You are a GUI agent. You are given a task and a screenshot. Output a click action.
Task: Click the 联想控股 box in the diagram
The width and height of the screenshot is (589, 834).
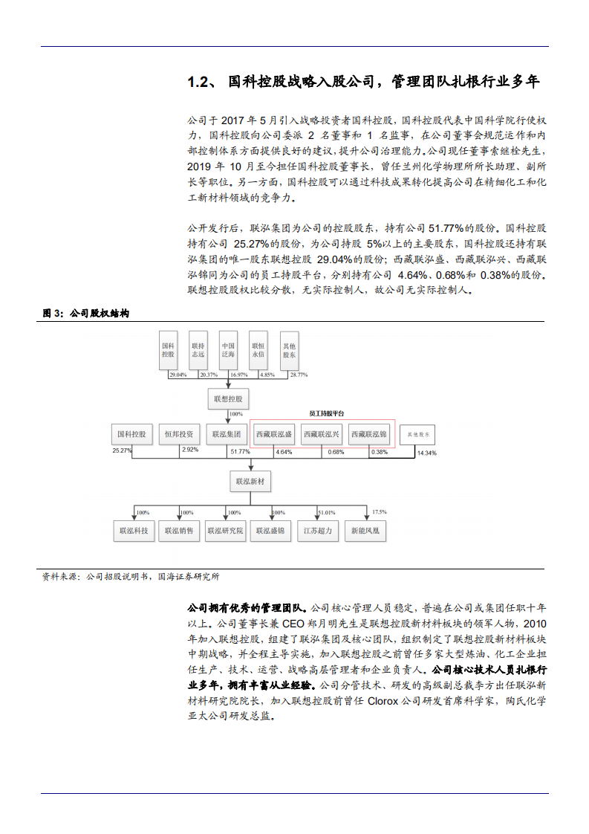coord(229,399)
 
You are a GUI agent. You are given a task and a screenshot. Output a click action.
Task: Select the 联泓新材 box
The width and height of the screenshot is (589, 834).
coord(250,482)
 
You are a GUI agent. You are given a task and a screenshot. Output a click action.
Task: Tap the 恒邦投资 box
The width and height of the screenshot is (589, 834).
coord(178,433)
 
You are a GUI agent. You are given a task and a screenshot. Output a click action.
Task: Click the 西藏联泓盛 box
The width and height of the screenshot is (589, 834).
coord(274,433)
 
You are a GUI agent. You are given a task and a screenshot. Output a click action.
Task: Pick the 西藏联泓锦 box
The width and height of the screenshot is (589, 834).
coord(368,433)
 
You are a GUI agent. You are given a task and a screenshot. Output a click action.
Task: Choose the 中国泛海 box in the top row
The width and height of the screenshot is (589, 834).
coord(228,351)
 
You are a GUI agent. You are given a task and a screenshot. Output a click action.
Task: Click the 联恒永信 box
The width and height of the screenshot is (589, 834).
coord(258,351)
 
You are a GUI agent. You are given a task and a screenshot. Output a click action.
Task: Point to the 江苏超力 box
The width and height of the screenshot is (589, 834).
coord(317,531)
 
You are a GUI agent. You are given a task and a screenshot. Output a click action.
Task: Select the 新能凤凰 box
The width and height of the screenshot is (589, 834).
coord(366,531)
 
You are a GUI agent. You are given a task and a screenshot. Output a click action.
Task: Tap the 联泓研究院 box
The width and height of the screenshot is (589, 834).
coord(225,531)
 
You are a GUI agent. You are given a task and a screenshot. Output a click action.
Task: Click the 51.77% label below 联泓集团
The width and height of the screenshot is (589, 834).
coord(240,452)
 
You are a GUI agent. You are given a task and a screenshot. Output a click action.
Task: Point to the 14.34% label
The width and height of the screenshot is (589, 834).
coord(426,453)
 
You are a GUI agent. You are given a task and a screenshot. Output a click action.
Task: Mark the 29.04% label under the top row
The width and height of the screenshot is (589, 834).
coord(178,375)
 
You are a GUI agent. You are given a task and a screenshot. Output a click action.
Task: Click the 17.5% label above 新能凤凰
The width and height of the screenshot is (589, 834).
coord(379,512)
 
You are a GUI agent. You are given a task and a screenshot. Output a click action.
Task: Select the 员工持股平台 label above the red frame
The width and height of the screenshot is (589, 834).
coord(327,413)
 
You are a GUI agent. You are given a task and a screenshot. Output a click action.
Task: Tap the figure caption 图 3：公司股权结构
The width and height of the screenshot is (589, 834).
coord(86,314)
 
